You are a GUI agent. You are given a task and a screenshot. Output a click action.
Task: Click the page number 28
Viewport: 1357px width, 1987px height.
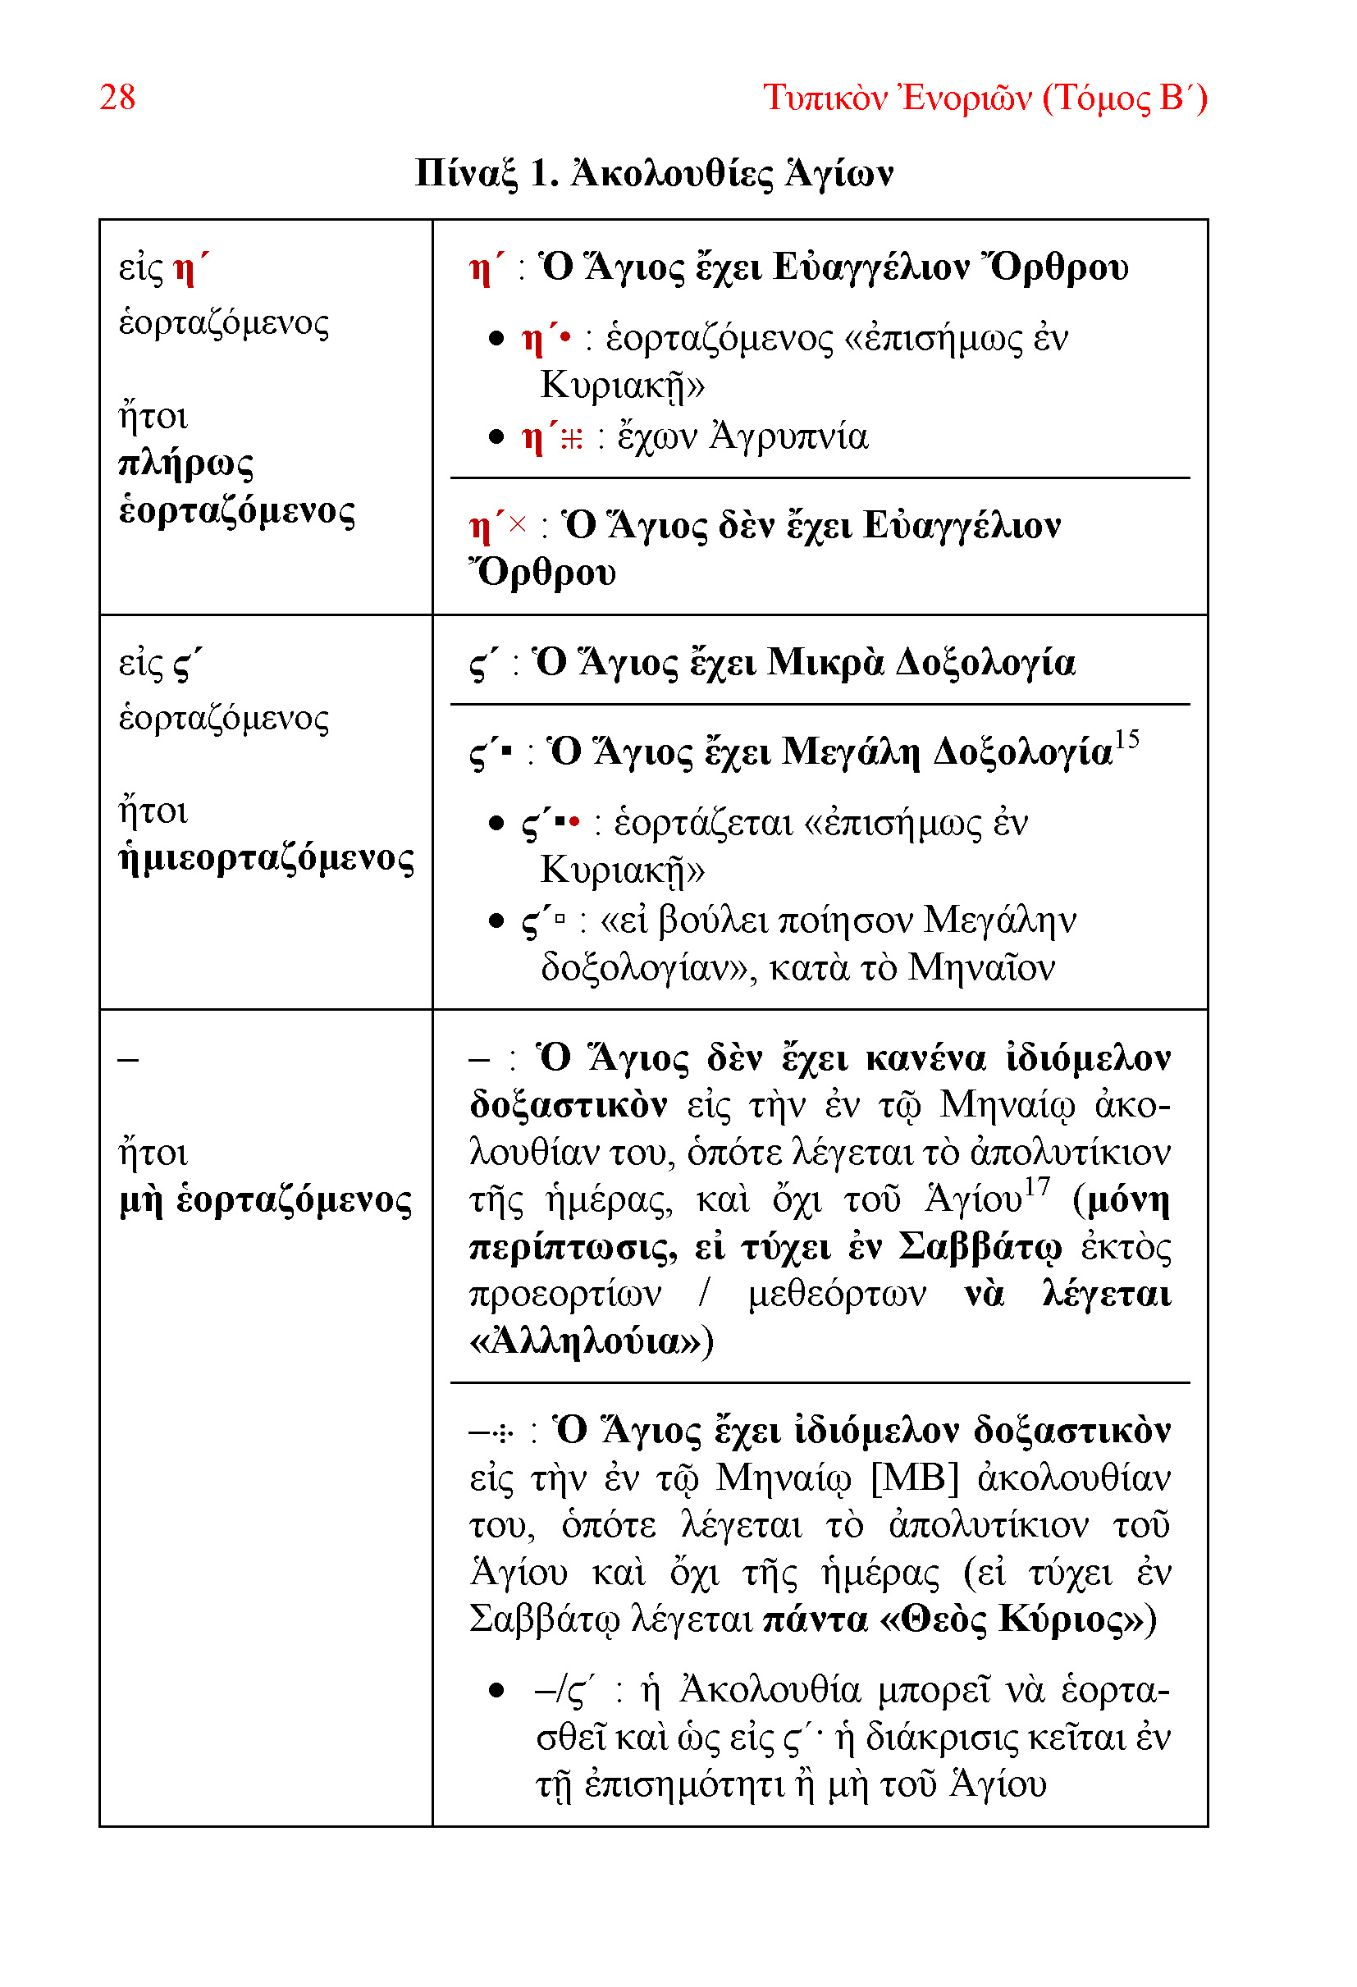click(117, 98)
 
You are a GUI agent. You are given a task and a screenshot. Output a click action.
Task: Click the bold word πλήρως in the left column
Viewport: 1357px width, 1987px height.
click(185, 464)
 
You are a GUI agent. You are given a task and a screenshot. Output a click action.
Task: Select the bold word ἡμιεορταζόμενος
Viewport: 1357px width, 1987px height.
click(266, 857)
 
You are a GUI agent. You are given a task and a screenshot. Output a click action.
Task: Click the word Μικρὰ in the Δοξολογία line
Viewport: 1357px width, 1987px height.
click(825, 663)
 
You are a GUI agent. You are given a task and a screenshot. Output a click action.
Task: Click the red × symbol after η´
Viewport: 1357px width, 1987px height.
click(518, 523)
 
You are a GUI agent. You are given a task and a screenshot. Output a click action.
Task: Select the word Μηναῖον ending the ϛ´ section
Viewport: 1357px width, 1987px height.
click(980, 968)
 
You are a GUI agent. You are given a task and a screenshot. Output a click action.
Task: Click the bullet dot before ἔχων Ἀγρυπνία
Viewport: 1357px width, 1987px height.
click(496, 438)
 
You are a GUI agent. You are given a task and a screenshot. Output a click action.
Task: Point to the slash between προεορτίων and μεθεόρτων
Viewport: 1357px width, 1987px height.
click(703, 1294)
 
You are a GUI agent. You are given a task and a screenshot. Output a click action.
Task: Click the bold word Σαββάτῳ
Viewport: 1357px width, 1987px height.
click(980, 1246)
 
